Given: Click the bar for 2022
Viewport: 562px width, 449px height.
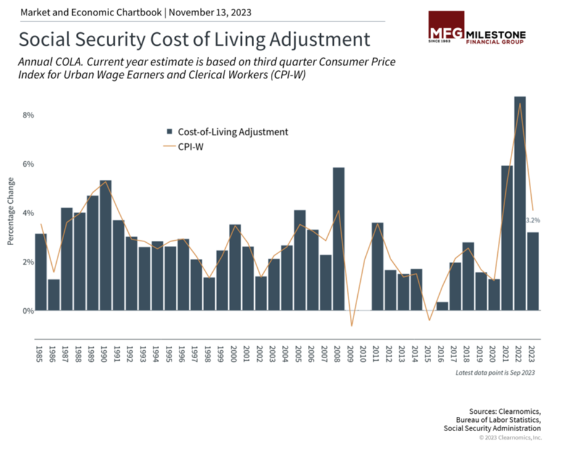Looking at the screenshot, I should tap(520, 204).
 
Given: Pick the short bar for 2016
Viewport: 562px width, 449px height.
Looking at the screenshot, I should tap(442, 306).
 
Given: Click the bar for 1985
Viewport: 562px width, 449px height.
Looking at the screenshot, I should tap(41, 272).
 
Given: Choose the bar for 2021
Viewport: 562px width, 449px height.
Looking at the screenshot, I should tap(507, 238).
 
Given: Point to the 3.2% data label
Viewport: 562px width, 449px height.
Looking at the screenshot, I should tap(533, 220).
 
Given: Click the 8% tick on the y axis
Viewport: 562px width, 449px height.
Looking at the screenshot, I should tap(28, 115).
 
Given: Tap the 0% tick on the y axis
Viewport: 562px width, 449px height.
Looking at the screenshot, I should tap(28, 311).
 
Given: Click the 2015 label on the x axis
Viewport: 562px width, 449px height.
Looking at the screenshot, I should tap(429, 355).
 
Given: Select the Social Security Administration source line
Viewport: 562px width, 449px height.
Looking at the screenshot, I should tap(492, 428).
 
